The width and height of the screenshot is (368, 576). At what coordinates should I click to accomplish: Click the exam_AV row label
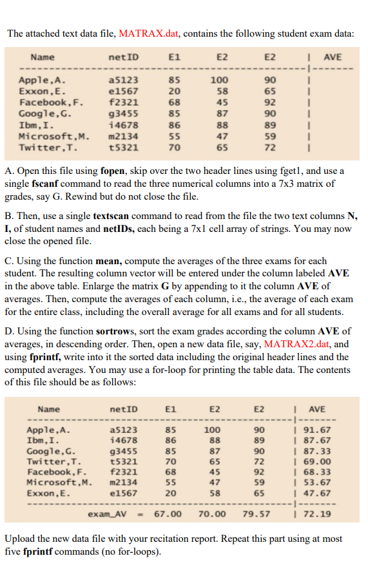[108, 514]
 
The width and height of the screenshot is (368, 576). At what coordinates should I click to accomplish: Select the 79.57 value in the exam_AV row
[256, 514]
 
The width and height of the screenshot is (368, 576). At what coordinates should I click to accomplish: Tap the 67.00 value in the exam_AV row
[168, 514]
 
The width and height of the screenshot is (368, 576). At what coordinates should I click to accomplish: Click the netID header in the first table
[124, 57]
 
